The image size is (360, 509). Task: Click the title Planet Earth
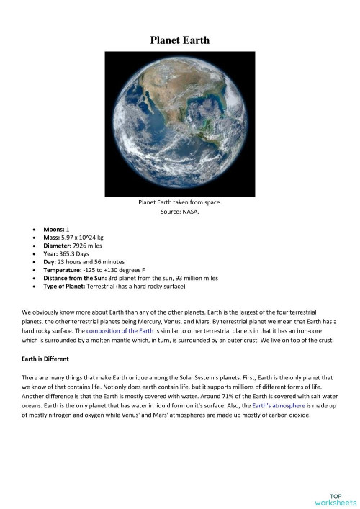coord(179,41)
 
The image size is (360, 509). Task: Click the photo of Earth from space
coord(179,125)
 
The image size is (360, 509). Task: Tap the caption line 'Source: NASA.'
coord(179,212)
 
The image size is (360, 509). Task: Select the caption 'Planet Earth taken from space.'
coord(179,203)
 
